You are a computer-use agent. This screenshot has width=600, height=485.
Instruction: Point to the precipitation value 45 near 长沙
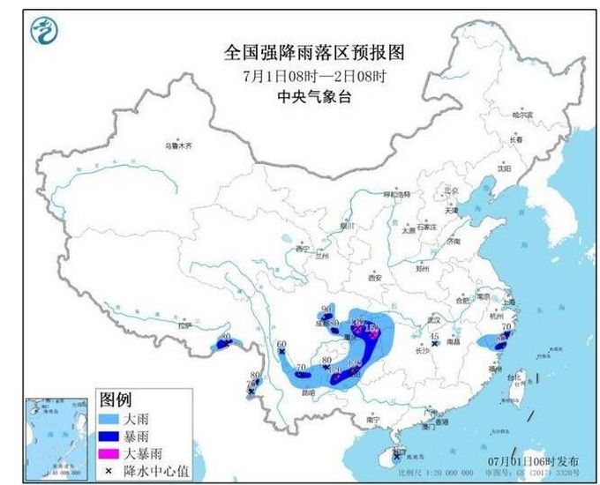pyautogui.click(x=434, y=337)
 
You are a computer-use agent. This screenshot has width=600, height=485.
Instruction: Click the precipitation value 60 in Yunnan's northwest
pyautogui.click(x=282, y=345)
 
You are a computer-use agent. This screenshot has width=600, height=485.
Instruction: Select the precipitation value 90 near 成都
pyautogui.click(x=326, y=309)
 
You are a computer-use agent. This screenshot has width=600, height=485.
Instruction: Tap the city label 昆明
pyautogui.click(x=306, y=390)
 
